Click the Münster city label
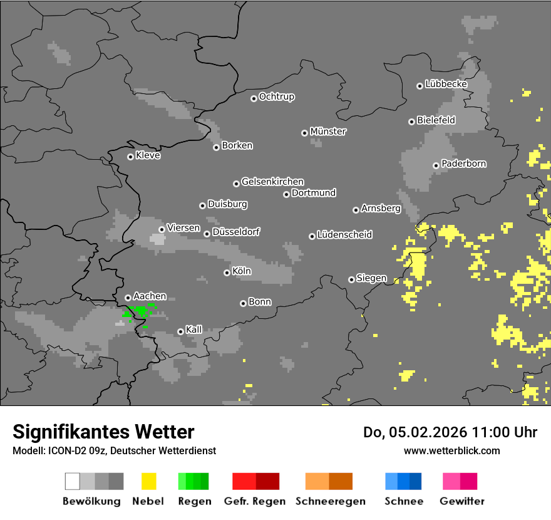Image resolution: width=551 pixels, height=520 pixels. [x=328, y=132]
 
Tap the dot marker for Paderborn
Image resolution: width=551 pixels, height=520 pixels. [x=436, y=165]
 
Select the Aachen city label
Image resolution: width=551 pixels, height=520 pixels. [x=150, y=296]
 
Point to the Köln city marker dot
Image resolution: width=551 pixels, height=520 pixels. [x=227, y=273]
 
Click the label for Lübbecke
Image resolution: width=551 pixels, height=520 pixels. [x=446, y=84]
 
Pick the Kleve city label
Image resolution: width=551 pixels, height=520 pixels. [x=148, y=155]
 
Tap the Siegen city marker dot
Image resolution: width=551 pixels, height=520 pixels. [x=351, y=279]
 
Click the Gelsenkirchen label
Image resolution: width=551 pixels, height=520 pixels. [x=272, y=182]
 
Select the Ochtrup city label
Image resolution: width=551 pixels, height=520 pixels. [x=276, y=96]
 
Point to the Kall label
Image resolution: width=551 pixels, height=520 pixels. [x=193, y=330]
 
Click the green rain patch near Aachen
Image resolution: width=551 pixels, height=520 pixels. [x=141, y=310]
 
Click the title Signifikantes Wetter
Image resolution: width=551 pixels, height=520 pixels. [x=103, y=432]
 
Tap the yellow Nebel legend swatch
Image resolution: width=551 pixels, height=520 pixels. [x=148, y=481]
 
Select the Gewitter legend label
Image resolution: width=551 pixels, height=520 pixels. [x=461, y=501]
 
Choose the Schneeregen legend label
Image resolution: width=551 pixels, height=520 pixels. [x=328, y=501]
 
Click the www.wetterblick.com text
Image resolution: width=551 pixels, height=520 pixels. [x=451, y=450]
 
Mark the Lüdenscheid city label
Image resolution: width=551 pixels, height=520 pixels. [x=344, y=234]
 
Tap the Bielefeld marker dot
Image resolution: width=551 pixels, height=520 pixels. [x=411, y=122]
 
